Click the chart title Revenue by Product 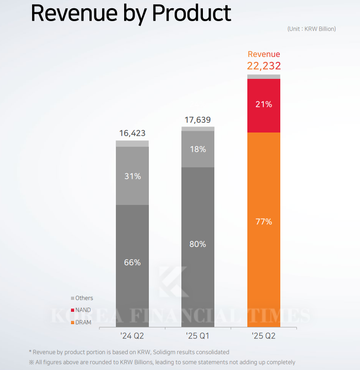131,14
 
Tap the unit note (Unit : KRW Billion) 311,29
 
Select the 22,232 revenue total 264,66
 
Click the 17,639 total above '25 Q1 198,120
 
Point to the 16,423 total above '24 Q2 132,134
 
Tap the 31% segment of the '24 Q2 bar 132,176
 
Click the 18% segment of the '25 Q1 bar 198,149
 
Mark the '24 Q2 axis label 132,336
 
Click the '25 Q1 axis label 198,336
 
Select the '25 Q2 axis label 264,336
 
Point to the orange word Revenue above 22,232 264,54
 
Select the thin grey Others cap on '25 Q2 264,77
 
